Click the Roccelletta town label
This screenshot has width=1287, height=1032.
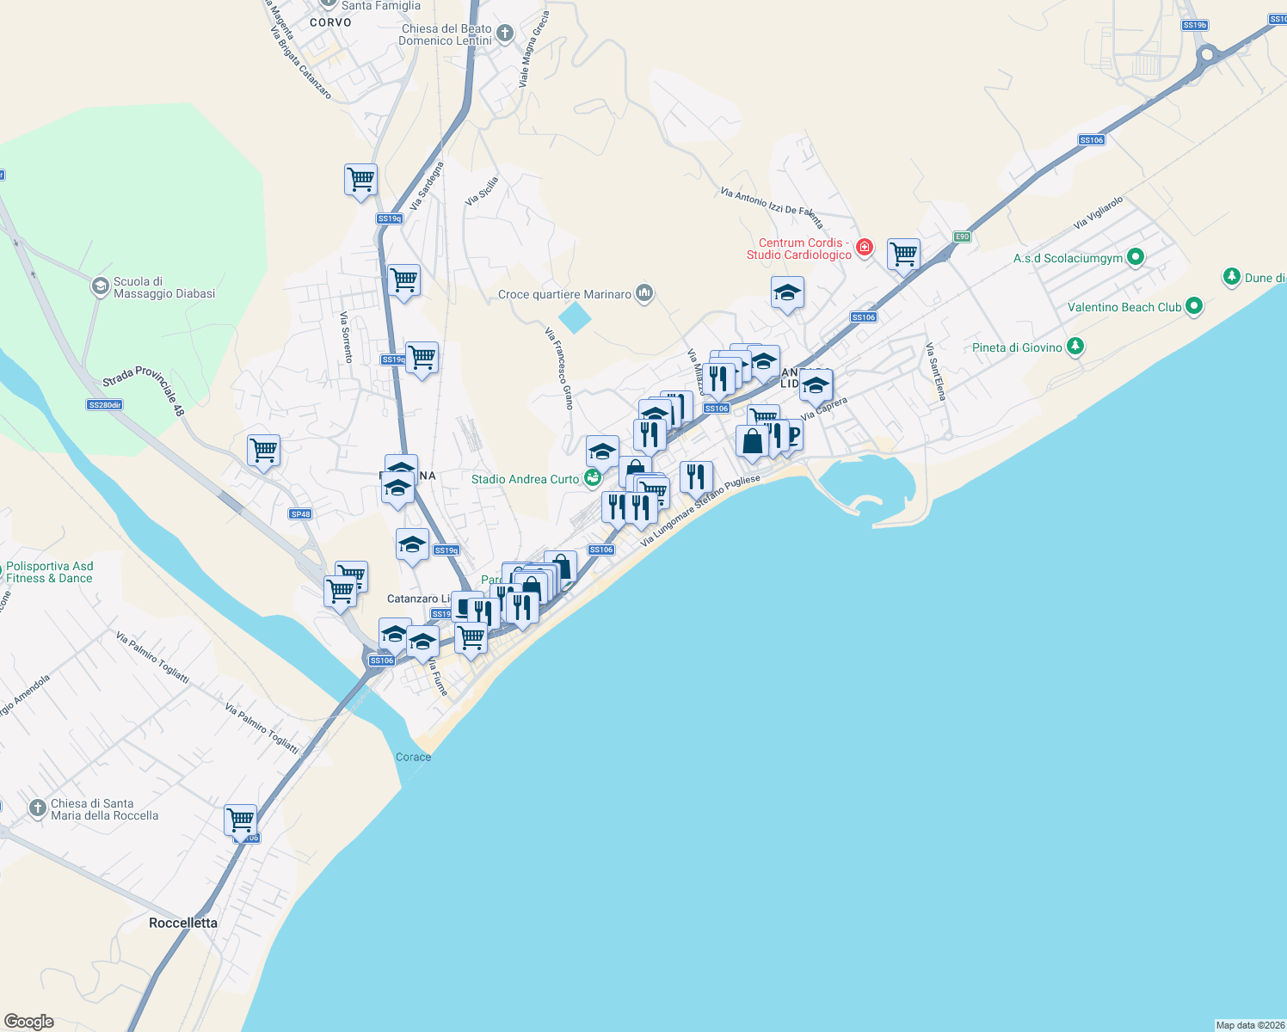183,923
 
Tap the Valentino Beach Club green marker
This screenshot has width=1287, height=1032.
1193,306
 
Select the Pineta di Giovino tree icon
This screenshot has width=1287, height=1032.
1075,347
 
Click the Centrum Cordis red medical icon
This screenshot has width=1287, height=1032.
865,249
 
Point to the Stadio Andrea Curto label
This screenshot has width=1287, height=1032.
525,479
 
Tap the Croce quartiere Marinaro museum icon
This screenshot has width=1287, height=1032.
643,294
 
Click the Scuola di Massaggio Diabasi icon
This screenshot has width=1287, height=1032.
101,286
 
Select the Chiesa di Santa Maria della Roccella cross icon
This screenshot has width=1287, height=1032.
37,808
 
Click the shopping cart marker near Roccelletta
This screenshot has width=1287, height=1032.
241,820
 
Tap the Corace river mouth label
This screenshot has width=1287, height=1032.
413,757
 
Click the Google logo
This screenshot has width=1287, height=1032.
29,1022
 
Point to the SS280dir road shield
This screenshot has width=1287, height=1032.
105,404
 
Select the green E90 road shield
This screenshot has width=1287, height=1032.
962,236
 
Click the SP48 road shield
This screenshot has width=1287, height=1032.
300,514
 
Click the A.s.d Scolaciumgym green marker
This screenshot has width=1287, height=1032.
1135,257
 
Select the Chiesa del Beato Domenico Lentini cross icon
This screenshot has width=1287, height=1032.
505,34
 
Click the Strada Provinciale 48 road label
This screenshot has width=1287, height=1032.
144,390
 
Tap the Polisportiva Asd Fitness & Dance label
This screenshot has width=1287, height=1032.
50,572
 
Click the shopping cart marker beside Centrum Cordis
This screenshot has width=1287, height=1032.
903,254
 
